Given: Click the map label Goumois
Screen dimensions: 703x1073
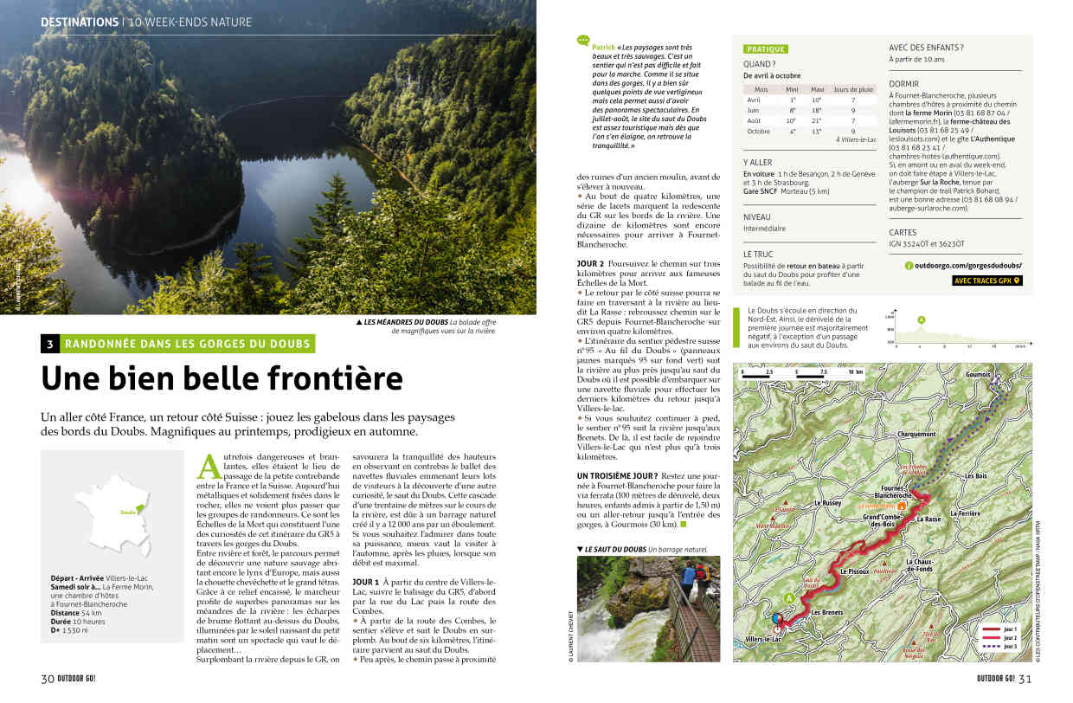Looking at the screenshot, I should (977, 375).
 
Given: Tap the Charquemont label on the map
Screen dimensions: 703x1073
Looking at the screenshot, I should (916, 435).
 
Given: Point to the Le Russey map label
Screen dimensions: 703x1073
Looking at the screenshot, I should (828, 503).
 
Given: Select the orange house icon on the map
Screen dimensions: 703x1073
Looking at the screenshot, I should (902, 505).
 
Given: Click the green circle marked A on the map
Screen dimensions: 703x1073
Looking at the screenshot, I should (789, 597).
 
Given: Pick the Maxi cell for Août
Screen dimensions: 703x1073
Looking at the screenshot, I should (817, 121).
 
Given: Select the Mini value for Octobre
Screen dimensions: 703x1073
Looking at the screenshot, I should (792, 132).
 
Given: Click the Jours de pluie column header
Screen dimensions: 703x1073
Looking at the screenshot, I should (852, 90).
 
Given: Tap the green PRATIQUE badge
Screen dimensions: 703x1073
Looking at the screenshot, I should (766, 49).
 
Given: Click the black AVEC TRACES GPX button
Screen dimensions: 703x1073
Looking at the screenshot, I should (986, 281).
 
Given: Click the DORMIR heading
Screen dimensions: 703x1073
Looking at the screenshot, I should (903, 83).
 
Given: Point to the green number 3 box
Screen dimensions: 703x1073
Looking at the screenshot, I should (50, 344).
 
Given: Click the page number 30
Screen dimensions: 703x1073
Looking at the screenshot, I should (48, 678).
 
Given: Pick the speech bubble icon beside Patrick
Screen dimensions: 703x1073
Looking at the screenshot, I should (583, 40).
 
